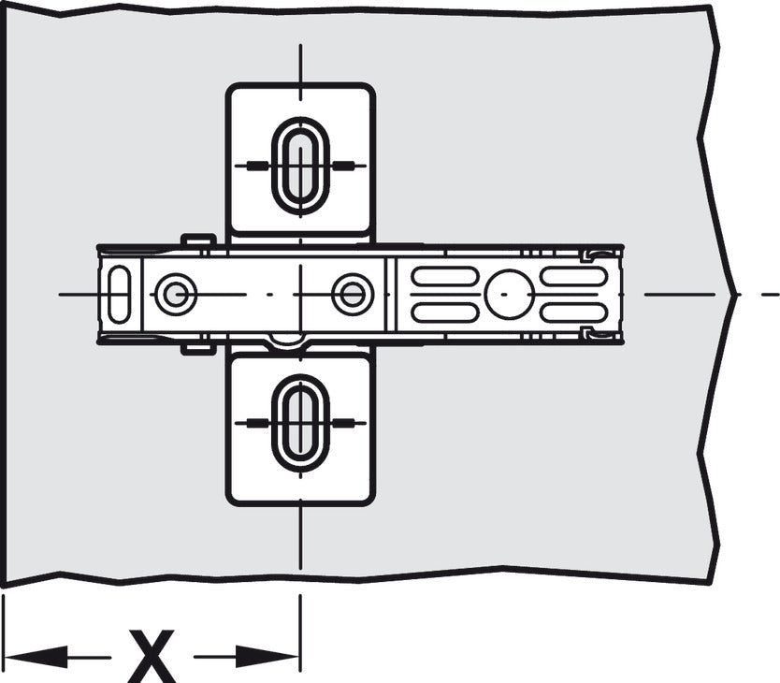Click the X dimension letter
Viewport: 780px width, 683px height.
pos(152,656)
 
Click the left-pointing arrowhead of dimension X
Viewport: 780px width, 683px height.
pos(35,657)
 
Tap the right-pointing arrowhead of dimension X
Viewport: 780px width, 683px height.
pos(267,657)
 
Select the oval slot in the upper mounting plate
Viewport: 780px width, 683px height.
pos(300,166)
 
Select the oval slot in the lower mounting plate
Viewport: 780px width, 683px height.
pos(300,424)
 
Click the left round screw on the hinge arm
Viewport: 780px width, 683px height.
pos(176,294)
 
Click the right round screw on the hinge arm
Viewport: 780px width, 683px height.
pos(353,294)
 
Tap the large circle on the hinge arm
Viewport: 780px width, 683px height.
pos(510,294)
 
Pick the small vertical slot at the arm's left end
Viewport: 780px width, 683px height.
pos(120,294)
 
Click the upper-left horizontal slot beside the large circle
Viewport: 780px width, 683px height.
pos(445,276)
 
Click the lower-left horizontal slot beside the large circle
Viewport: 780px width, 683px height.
pos(445,312)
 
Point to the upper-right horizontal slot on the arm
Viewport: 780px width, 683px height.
pos(573,276)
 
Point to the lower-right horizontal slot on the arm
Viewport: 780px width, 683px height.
pos(573,312)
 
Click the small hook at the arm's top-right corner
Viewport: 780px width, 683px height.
pos(595,255)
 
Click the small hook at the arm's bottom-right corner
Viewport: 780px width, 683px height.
pos(595,333)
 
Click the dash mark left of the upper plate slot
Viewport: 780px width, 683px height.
pos(258,166)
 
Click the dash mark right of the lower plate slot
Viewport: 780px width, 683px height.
pos(343,424)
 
